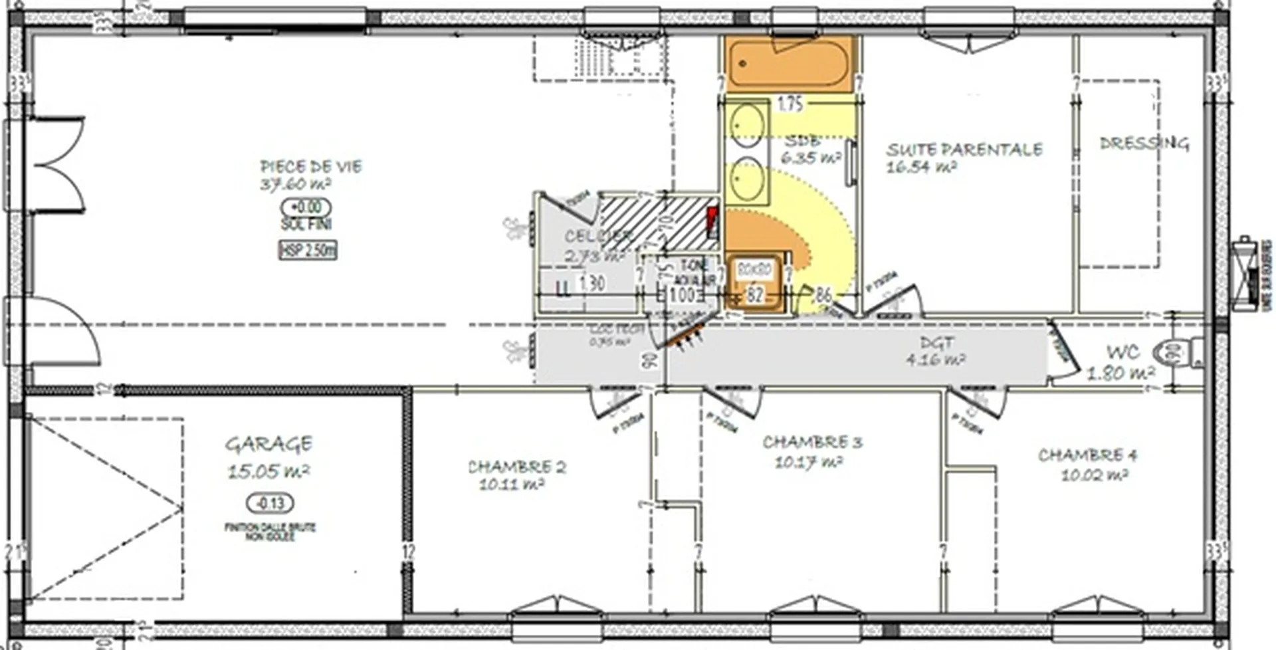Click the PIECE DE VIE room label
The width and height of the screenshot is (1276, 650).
click(x=311, y=166)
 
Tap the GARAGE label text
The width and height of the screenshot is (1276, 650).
click(x=268, y=444)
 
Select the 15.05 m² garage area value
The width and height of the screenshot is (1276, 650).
click(x=268, y=471)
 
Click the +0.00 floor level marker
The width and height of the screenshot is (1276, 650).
click(x=306, y=207)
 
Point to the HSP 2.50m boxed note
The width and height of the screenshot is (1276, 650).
click(x=308, y=251)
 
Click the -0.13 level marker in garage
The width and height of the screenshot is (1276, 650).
click(x=270, y=503)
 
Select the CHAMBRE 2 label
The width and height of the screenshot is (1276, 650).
click(x=517, y=467)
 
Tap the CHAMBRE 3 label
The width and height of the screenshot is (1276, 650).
click(x=812, y=442)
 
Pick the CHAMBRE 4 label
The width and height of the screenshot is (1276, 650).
click(x=1088, y=455)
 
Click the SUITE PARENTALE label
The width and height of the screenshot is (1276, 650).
click(x=964, y=150)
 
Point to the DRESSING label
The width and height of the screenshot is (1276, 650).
click(x=1144, y=143)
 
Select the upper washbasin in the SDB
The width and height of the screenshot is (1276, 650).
click(x=748, y=125)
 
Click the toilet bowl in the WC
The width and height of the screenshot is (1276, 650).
click(x=1177, y=352)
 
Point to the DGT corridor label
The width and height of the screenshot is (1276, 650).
click(x=937, y=343)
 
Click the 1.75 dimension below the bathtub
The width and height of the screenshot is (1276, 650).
click(x=790, y=104)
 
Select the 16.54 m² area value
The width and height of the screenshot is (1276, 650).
click(x=921, y=166)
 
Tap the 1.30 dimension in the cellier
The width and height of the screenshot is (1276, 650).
click(x=591, y=284)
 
